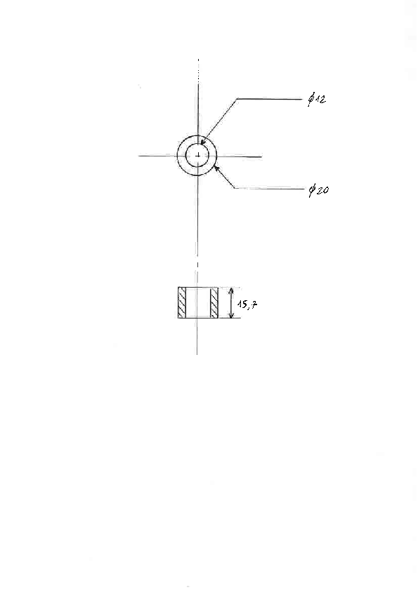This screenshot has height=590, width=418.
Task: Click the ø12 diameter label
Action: pos(317,100)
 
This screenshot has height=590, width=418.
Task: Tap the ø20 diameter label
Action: pos(318,190)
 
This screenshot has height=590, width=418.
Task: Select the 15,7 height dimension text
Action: pos(247,304)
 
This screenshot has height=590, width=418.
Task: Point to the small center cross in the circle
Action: pos(198,155)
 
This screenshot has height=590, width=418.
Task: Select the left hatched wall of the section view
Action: pos(182,302)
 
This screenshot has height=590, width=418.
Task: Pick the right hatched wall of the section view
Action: pos(214,302)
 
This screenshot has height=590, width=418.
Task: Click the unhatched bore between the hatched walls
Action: pos(198,302)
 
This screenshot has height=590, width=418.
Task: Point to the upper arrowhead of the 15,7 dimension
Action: pos(232,290)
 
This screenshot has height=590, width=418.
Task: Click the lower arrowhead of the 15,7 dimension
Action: pos(231,315)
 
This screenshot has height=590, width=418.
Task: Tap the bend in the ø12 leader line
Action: pos(237,99)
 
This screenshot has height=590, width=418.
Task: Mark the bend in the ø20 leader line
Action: pos(235,188)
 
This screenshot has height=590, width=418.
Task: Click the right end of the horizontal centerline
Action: pos(261,156)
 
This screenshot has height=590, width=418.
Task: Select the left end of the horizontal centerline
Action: pos(138,156)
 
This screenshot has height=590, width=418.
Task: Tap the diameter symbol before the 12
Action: pos(311,100)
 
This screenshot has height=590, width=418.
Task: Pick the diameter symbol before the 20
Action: pos(312,191)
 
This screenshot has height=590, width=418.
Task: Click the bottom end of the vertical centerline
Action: pos(197,354)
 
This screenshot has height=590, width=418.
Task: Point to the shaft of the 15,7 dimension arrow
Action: pos(232,302)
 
